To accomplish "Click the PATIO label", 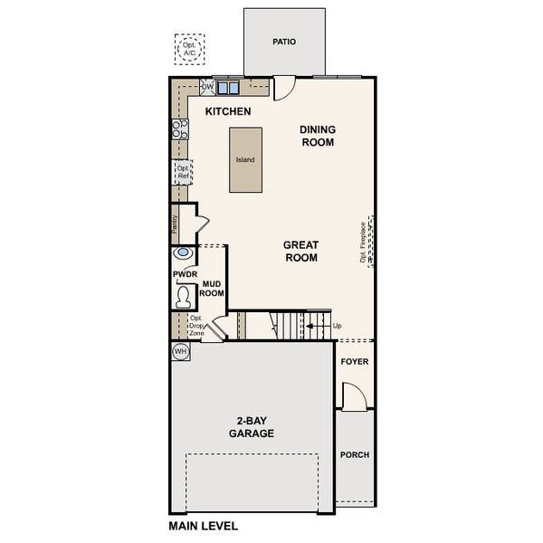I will pyautogui.click(x=284, y=42).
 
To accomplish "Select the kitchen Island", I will pyautogui.click(x=245, y=159).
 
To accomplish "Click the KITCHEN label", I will pyautogui.click(x=227, y=111).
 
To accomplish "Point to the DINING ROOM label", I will pyautogui.click(x=318, y=136).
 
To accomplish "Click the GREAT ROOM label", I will pyautogui.click(x=300, y=251).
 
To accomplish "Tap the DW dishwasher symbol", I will pyautogui.click(x=207, y=88).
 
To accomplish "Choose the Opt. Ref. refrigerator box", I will pyautogui.click(x=183, y=172).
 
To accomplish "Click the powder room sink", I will pyautogui.click(x=183, y=253).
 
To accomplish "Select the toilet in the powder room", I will pyautogui.click(x=184, y=296).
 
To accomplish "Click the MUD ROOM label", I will pyautogui.click(x=212, y=289).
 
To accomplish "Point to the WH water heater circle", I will pyautogui.click(x=180, y=350).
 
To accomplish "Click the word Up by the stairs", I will pyautogui.click(x=337, y=326).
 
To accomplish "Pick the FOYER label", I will pyautogui.click(x=354, y=361).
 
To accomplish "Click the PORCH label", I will pyautogui.click(x=354, y=454).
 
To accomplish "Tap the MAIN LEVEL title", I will pyautogui.click(x=204, y=526).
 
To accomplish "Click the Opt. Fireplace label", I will pyautogui.click(x=363, y=242).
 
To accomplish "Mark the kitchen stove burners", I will pyautogui.click(x=180, y=128).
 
